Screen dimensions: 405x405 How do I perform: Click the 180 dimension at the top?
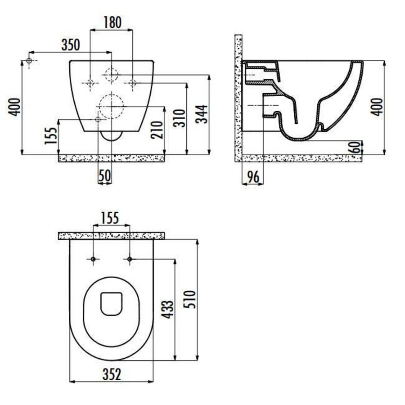click(x=112, y=22)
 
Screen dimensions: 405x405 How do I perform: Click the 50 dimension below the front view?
click(x=104, y=176)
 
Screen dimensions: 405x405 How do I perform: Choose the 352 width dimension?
click(x=111, y=374)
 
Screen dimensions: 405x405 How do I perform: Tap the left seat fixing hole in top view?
click(x=93, y=259)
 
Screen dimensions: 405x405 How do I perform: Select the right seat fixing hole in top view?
click(x=130, y=259)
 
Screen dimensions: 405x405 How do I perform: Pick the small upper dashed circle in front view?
click(x=111, y=75)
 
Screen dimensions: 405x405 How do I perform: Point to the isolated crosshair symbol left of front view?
click(x=30, y=60)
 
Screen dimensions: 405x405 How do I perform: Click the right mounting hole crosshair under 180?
click(x=132, y=82)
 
